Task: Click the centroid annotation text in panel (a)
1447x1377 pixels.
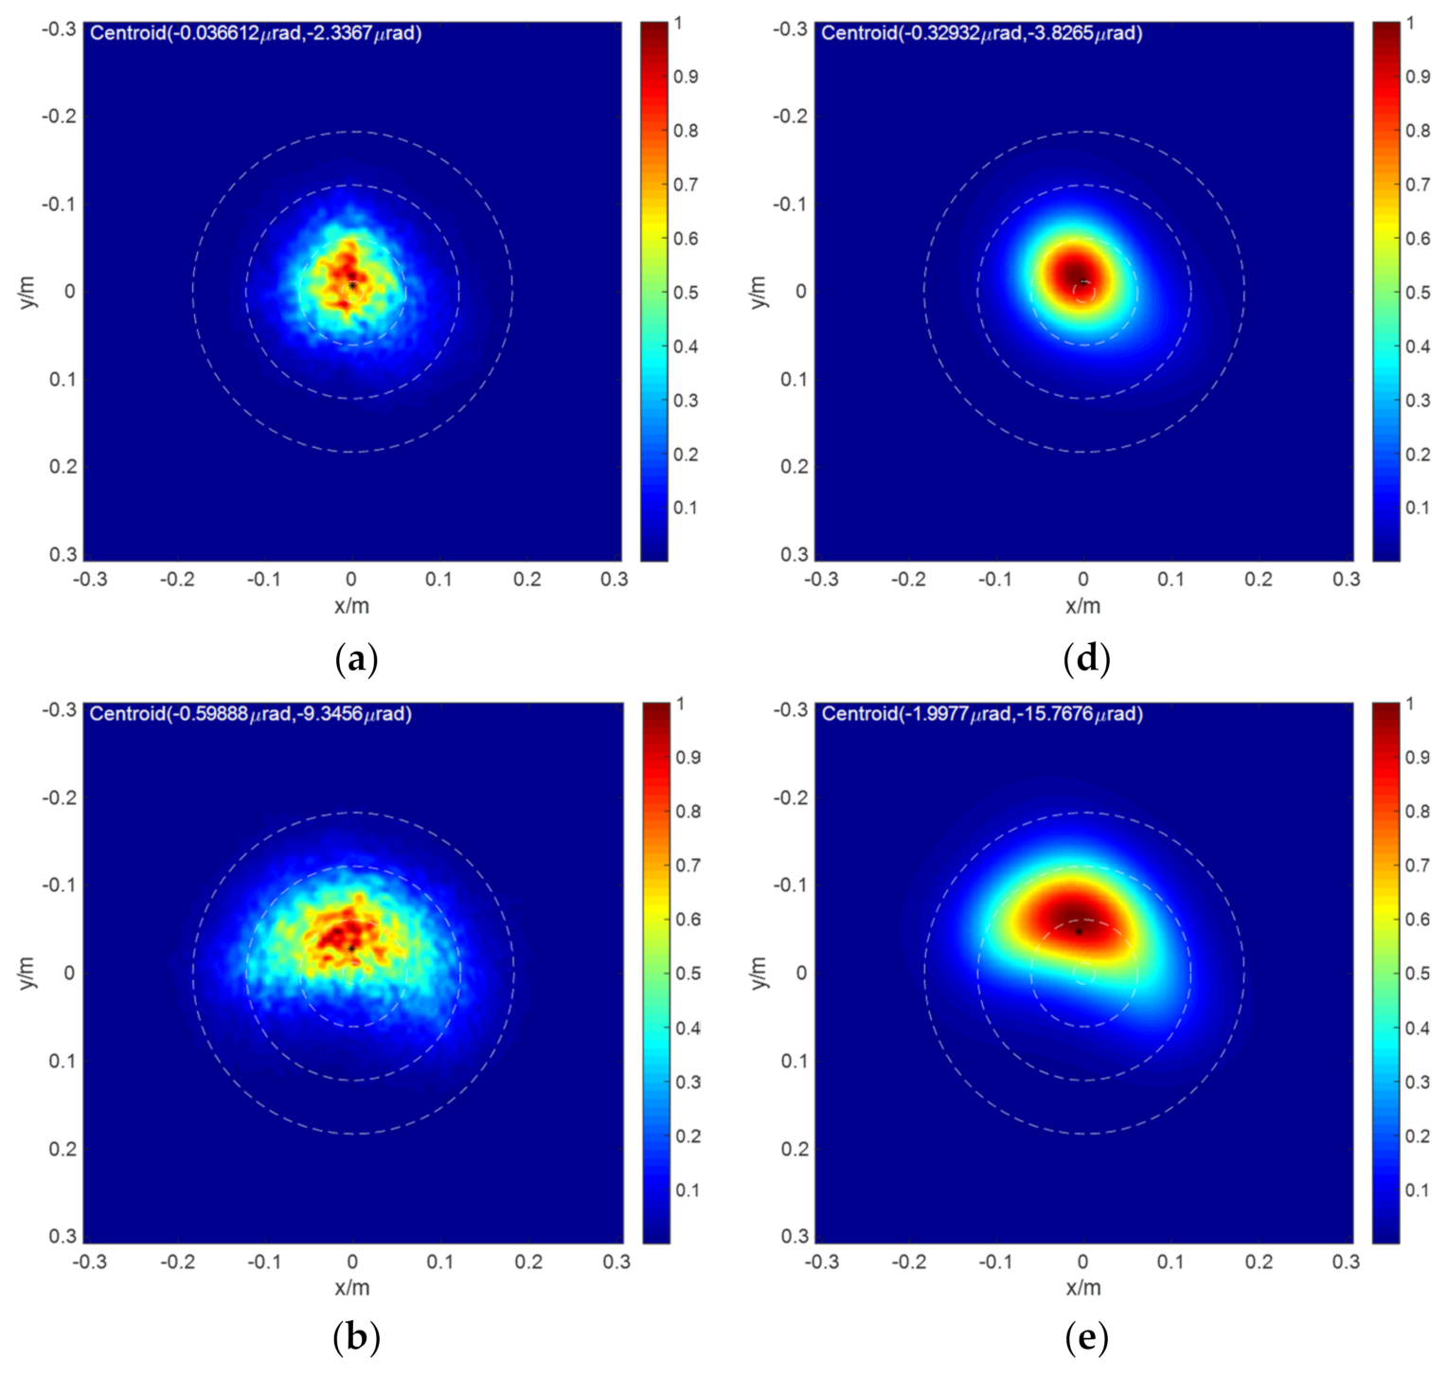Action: (256, 33)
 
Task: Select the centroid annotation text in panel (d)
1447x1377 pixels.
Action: (982, 33)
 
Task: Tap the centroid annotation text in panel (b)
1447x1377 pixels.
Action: (251, 713)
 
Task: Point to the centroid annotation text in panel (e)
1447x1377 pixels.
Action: (982, 713)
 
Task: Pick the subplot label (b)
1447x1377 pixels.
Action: (356, 1338)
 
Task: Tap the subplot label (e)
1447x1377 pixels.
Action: (1086, 1338)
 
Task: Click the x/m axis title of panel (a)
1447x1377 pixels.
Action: (352, 606)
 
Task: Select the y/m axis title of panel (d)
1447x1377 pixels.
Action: (759, 292)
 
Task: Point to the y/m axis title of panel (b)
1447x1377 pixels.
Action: (27, 973)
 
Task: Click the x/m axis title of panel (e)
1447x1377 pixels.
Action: (1083, 1287)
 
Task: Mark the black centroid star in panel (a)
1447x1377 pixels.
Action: (352, 285)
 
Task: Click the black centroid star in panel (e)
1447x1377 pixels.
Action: (1079, 932)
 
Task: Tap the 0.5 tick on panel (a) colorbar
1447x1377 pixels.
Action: (686, 293)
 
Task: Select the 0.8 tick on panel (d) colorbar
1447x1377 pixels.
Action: (1418, 131)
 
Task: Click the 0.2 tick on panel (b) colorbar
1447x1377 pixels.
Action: (688, 1136)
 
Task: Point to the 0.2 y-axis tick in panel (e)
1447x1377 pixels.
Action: (795, 1149)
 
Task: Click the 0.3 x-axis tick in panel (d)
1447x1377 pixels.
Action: (1346, 579)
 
